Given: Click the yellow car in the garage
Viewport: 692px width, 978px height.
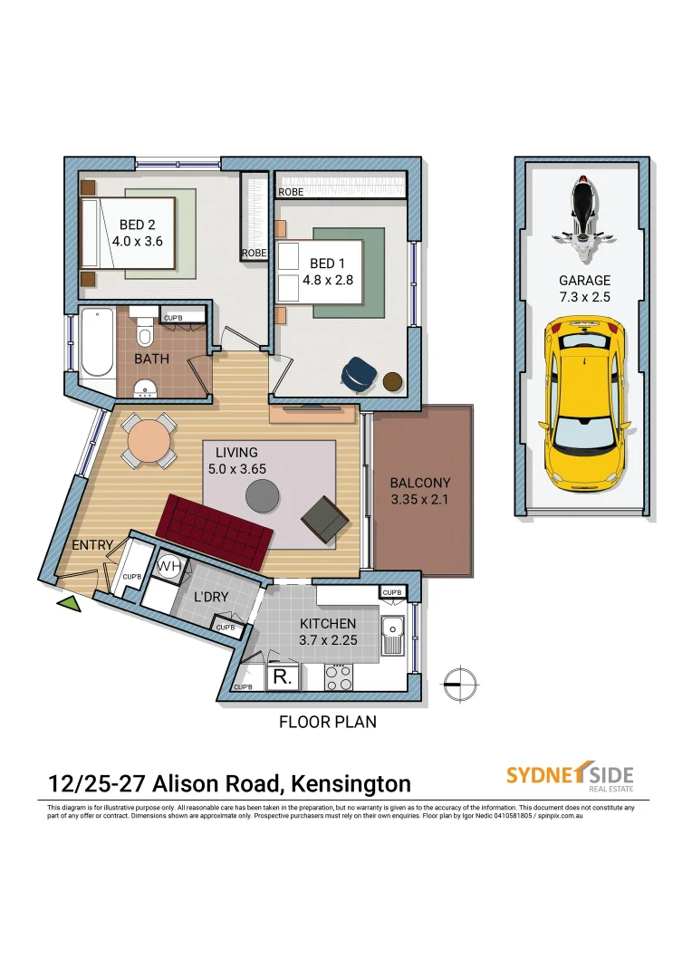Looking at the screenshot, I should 585,403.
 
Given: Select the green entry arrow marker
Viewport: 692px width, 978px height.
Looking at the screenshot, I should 69,605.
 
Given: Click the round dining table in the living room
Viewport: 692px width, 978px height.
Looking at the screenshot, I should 148,441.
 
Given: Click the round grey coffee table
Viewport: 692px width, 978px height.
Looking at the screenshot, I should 264,495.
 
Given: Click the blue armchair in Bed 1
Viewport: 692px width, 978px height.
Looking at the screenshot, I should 360,373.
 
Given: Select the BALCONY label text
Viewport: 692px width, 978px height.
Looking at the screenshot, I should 419,483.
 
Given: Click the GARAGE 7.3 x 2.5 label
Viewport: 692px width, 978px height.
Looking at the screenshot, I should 584,289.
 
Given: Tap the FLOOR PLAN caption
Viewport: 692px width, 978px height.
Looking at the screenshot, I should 327,722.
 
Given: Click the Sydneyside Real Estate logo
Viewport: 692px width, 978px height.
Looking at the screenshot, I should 569,777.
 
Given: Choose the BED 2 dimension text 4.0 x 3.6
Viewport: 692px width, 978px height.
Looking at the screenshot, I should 137,242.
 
